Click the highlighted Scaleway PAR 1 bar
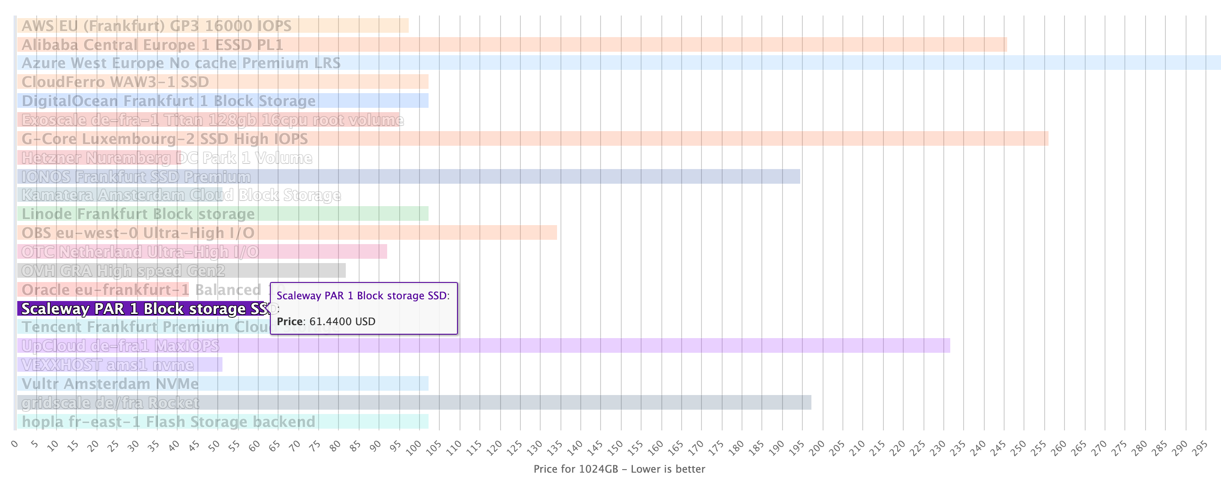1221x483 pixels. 142,309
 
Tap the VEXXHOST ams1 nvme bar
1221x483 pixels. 119,364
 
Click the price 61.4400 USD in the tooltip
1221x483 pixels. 342,321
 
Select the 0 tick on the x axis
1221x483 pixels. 15,444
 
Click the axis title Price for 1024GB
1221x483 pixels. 619,469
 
